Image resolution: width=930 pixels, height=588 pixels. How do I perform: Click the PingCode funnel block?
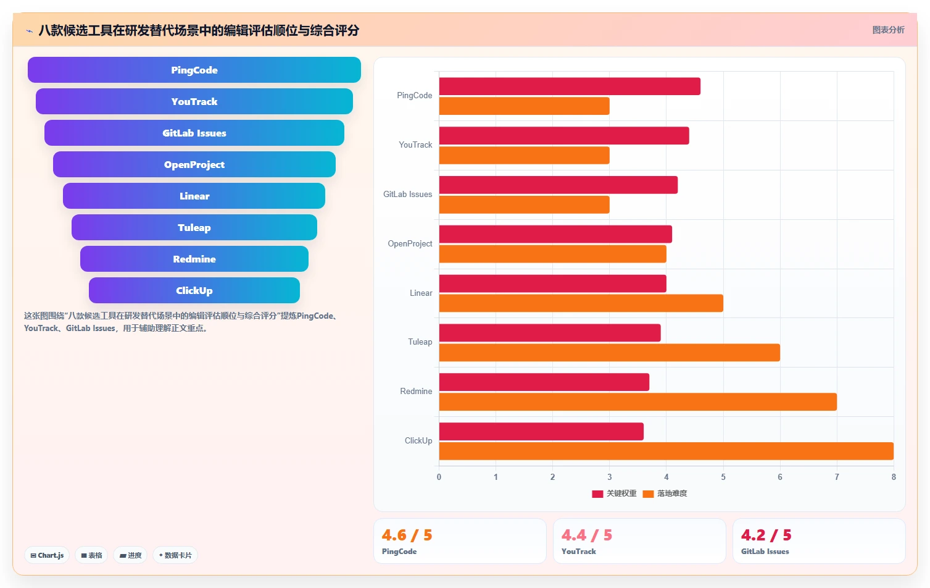click(194, 70)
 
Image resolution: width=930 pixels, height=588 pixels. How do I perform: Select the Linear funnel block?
click(194, 196)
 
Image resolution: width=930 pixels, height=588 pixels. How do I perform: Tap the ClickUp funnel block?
click(194, 290)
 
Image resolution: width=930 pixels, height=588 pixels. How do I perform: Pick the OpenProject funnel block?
click(194, 164)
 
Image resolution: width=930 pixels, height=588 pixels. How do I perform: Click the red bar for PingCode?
click(570, 86)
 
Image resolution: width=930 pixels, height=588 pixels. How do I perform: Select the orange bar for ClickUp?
click(666, 451)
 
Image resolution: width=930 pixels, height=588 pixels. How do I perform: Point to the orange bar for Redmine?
click(637, 402)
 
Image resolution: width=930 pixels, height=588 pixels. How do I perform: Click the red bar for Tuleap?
click(550, 333)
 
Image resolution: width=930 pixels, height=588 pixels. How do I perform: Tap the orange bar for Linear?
click(581, 303)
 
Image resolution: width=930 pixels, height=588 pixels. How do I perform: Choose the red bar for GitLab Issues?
click(558, 185)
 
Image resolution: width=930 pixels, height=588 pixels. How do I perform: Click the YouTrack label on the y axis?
click(415, 145)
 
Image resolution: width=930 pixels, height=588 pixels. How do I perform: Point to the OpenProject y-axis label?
click(410, 244)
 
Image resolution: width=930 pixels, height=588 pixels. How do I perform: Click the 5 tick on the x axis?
click(723, 477)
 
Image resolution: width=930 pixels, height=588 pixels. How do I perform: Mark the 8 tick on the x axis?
click(894, 477)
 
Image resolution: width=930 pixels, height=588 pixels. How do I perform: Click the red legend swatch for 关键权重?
click(597, 494)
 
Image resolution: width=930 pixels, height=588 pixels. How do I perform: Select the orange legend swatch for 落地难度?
click(648, 494)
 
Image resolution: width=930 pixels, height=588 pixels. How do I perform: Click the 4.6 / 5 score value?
click(407, 535)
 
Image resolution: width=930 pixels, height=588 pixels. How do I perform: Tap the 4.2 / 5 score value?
click(766, 535)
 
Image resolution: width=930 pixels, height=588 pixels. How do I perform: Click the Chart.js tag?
click(47, 555)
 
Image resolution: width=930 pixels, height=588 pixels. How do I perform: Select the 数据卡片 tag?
click(175, 555)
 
